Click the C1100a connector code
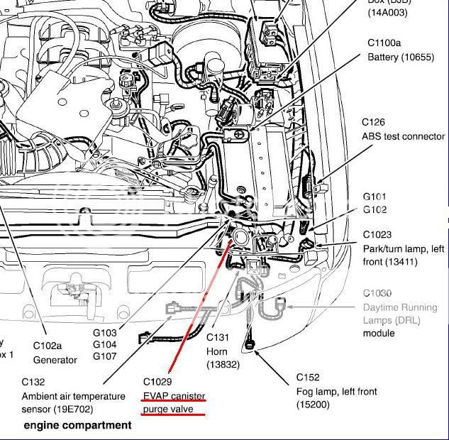point(384,43)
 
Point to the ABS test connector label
point(404,136)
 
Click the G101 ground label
point(375,197)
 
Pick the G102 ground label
point(375,209)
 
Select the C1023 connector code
point(378,234)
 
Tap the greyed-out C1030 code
point(377,293)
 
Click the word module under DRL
point(379,333)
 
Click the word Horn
point(218,351)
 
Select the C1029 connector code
point(157,380)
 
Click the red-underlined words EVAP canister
point(174,395)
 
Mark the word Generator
point(55,360)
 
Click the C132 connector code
point(34,382)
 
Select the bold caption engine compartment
point(77,425)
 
